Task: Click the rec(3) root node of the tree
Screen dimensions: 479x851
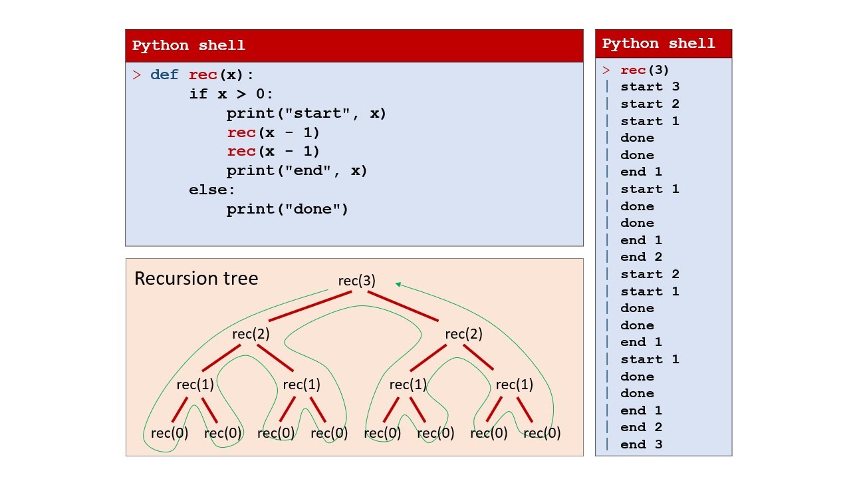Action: point(357,281)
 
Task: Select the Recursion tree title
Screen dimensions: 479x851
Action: point(196,278)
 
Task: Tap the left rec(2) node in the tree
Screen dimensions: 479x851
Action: point(251,334)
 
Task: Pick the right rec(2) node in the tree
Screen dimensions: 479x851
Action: point(463,334)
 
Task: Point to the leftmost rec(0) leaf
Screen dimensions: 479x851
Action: point(170,433)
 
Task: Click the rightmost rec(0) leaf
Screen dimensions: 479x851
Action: point(542,433)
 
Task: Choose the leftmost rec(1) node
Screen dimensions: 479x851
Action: point(195,385)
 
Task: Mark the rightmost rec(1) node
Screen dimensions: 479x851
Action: point(515,385)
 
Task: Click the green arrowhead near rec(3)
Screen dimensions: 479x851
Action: point(398,284)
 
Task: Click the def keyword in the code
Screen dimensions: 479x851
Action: point(164,75)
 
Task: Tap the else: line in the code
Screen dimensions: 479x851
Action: point(212,190)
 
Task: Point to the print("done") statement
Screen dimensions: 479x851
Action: point(287,209)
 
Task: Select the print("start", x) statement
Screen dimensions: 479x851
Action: point(306,113)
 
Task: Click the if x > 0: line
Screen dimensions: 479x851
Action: point(231,94)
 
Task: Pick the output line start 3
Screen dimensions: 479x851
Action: point(650,86)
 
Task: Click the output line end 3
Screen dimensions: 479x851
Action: point(641,444)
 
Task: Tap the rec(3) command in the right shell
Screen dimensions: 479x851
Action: point(645,70)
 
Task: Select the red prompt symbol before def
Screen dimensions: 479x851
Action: point(137,75)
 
